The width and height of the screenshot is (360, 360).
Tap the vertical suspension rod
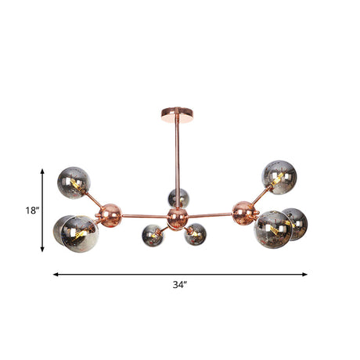(177, 157)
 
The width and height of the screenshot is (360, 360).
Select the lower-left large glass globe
(75, 233)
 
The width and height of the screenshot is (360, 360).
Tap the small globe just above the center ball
(178, 197)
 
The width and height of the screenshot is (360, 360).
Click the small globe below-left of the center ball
(152, 234)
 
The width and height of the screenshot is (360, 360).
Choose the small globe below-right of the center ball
(196, 234)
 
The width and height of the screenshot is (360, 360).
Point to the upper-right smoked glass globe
(279, 177)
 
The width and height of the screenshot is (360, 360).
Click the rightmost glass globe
(293, 224)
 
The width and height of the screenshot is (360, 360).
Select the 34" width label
(180, 286)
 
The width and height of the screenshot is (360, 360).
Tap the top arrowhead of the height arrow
(42, 168)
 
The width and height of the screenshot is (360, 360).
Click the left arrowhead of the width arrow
(56, 275)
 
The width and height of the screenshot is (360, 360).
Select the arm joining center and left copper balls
(146, 214)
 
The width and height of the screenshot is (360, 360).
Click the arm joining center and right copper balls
(210, 214)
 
